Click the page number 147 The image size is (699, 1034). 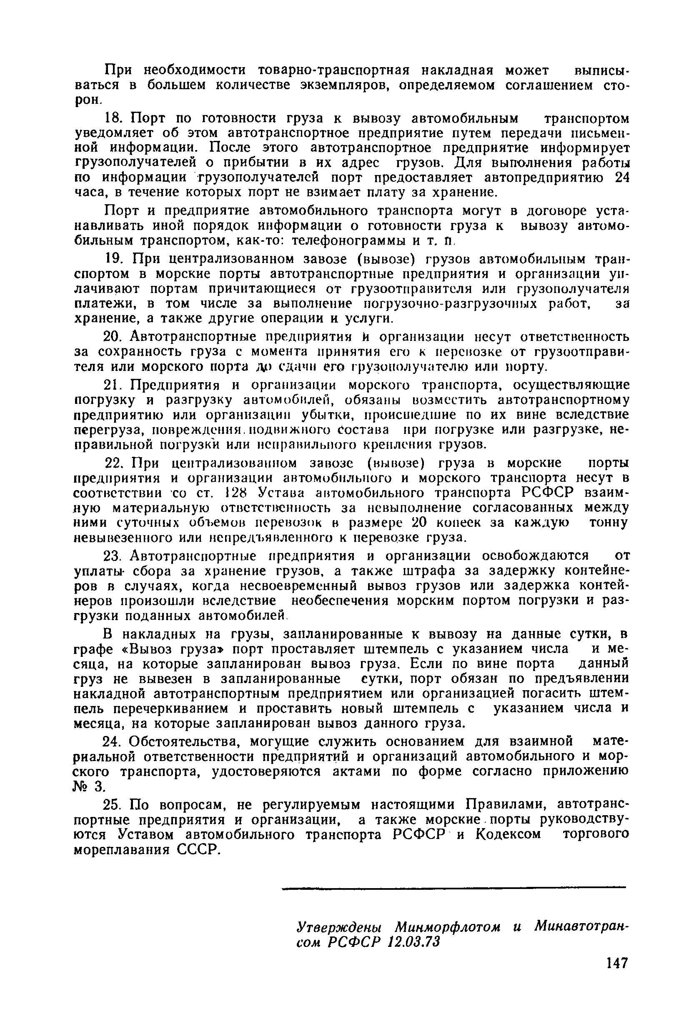(x=616, y=963)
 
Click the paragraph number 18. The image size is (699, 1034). (x=113, y=118)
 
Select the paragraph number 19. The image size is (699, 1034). (x=113, y=258)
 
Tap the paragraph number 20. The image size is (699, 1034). (x=113, y=336)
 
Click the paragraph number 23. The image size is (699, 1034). (x=113, y=556)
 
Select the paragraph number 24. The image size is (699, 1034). (x=113, y=742)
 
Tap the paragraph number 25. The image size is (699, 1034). (x=113, y=804)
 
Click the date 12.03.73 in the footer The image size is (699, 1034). (x=413, y=941)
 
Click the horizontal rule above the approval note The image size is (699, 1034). (x=453, y=889)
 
